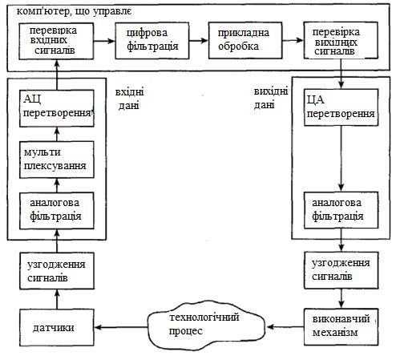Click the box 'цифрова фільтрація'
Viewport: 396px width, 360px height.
(x=152, y=41)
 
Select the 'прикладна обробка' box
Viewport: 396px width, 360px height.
(x=245, y=40)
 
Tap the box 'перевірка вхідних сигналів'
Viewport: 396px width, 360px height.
(x=56, y=41)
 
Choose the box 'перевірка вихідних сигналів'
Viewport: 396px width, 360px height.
(x=341, y=40)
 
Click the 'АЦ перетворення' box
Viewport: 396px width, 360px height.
(x=57, y=108)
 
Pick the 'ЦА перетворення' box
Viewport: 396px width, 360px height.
(x=341, y=107)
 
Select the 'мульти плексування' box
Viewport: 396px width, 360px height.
(x=57, y=160)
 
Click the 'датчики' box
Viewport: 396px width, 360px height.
(x=57, y=327)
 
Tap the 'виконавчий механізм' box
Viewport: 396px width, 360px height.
(x=341, y=327)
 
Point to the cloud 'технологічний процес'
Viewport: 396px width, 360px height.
(x=206, y=325)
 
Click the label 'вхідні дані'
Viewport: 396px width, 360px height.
(x=129, y=99)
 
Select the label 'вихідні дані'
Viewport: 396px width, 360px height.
(x=270, y=98)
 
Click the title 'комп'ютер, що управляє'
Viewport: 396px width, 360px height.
(x=74, y=11)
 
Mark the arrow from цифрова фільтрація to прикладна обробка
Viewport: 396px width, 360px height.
(x=199, y=41)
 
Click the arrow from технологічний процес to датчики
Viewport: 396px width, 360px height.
(x=121, y=327)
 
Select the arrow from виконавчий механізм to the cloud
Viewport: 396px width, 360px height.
(x=285, y=327)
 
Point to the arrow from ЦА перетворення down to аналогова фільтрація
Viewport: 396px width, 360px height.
(x=341, y=159)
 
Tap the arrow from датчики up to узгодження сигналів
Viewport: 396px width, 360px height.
(x=57, y=299)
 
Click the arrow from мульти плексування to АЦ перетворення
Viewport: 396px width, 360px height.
(x=57, y=134)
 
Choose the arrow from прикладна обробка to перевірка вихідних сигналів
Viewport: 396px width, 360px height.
(x=293, y=40)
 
